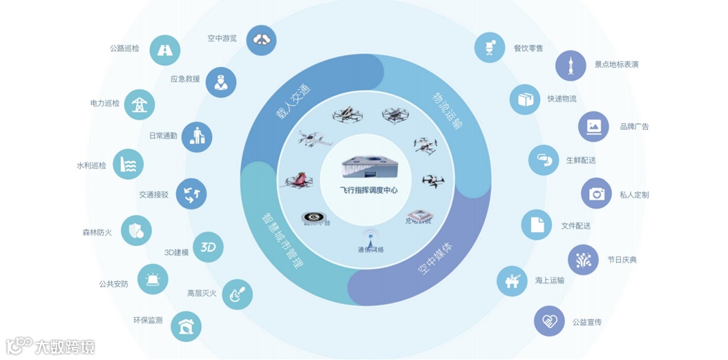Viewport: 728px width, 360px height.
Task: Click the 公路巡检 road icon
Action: (x=165, y=50)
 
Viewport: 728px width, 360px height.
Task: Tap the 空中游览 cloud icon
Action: (x=261, y=39)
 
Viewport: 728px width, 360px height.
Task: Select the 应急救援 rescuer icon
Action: (x=221, y=82)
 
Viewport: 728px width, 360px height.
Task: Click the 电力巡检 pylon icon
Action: (x=140, y=104)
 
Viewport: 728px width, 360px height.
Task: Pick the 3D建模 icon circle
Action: (x=208, y=247)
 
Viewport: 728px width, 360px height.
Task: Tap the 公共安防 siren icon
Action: (x=153, y=279)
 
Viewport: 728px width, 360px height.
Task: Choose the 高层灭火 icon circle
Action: (x=238, y=294)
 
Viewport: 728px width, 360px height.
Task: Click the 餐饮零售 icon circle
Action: (x=490, y=48)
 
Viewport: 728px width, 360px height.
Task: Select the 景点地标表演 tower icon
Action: (x=571, y=66)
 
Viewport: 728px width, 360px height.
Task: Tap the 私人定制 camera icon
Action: (x=596, y=194)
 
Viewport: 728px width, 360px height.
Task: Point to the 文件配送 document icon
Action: (x=537, y=225)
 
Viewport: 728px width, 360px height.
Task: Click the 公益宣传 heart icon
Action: (x=549, y=321)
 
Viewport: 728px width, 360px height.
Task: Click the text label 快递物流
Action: (x=562, y=99)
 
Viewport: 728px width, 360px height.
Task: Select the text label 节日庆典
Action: (x=622, y=260)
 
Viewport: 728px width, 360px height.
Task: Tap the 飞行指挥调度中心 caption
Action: (x=369, y=190)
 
